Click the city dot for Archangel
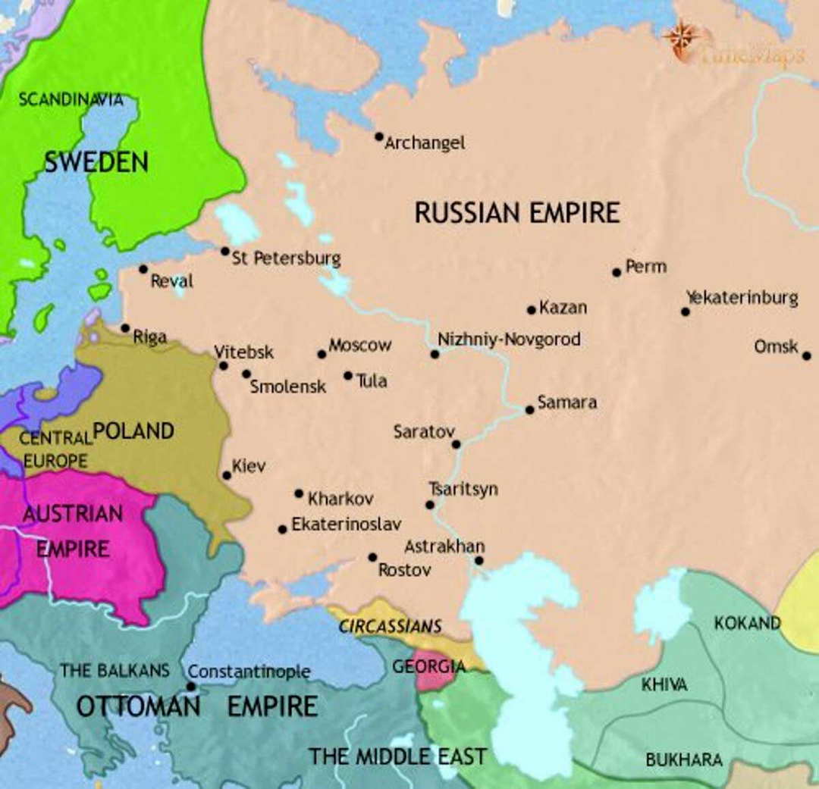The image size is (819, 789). [x=379, y=137]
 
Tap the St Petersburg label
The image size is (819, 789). [x=286, y=258]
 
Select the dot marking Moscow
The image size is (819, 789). [x=322, y=354]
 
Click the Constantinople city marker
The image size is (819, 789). [x=191, y=687]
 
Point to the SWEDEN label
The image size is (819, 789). [x=96, y=161]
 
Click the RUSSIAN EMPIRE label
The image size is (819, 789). [x=516, y=213]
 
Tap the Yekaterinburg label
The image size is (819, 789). [x=742, y=298]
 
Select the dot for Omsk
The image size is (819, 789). [x=806, y=355]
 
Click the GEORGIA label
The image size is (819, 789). [x=428, y=667]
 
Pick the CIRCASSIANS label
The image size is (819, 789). [x=390, y=627]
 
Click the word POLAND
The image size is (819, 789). [x=133, y=431]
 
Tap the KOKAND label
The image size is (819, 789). [x=747, y=623]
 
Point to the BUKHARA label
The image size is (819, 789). [x=683, y=759]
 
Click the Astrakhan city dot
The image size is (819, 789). [x=479, y=561]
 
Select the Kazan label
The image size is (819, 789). [x=563, y=308]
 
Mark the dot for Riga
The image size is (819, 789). [x=125, y=328]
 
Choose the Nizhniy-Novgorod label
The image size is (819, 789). [x=509, y=339]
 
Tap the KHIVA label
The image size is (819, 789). [x=664, y=684]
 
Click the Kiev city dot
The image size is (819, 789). [x=227, y=475]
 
